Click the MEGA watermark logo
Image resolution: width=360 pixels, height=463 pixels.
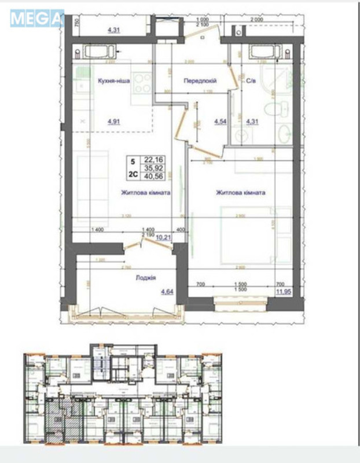pyautogui.click(x=36, y=18)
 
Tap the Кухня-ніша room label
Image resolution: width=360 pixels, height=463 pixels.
pyautogui.click(x=113, y=82)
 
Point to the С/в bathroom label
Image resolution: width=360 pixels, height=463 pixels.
pyautogui.click(x=251, y=82)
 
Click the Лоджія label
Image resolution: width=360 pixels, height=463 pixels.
pyautogui.click(x=147, y=278)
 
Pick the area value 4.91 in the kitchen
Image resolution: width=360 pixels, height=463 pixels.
pyautogui.click(x=114, y=122)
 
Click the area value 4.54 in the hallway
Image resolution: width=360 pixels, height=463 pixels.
pyautogui.click(x=220, y=122)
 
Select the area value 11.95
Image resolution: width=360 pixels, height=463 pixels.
pyautogui.click(x=284, y=292)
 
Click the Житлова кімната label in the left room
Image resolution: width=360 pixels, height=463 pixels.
pyautogui.click(x=145, y=193)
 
